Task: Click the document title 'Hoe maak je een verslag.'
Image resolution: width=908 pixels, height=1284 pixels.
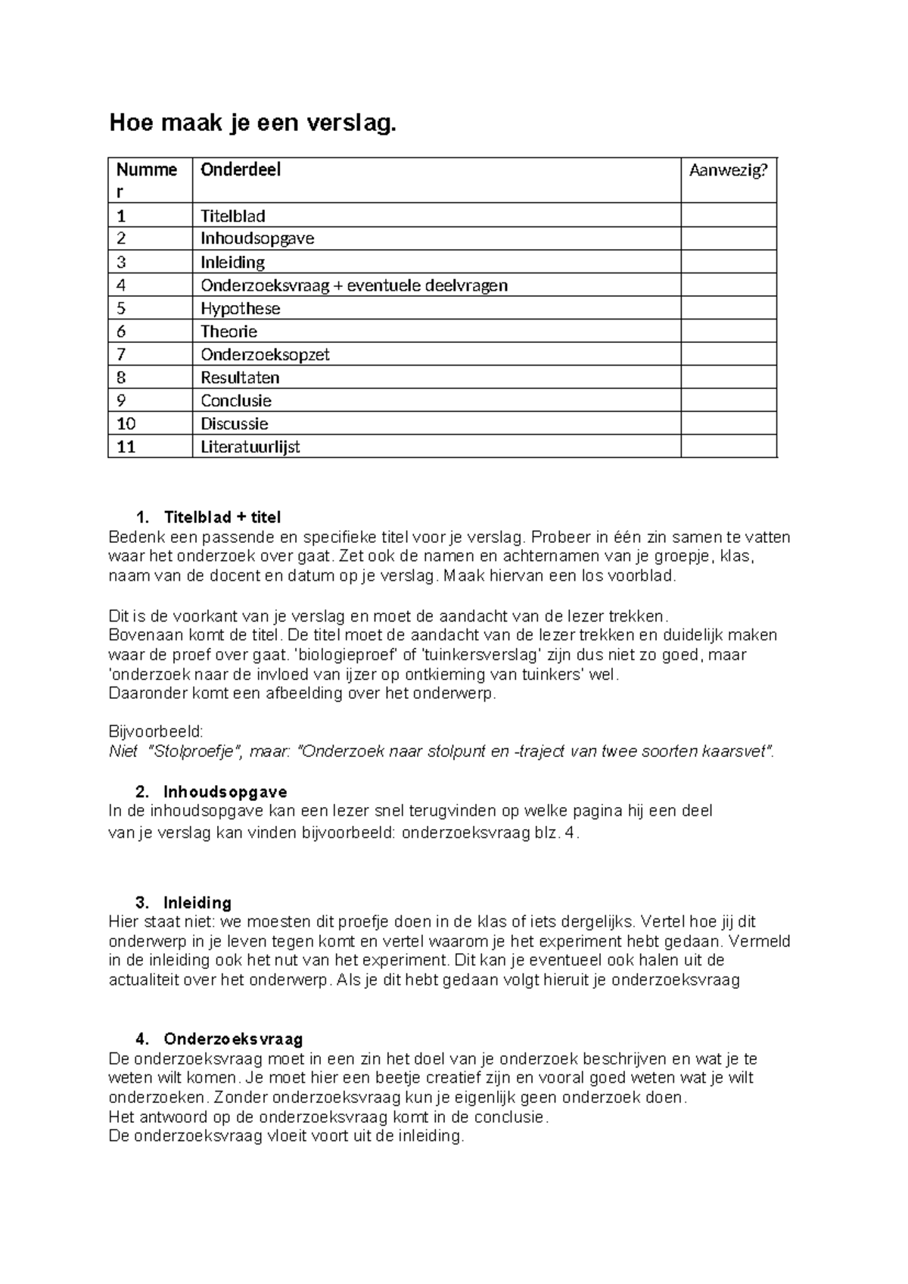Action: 252,123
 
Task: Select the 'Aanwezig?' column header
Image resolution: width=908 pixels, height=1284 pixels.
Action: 728,170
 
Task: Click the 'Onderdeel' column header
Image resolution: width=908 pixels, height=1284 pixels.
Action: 240,170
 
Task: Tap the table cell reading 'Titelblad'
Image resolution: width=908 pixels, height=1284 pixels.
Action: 232,216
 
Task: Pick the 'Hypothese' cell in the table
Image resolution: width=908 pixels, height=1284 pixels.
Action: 240,308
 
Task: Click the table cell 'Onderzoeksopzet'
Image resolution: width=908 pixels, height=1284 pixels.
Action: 265,354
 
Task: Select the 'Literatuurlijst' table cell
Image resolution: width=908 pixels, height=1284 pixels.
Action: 250,447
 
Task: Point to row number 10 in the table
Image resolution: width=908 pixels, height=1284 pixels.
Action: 126,423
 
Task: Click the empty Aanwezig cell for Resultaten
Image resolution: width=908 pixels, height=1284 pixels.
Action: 728,377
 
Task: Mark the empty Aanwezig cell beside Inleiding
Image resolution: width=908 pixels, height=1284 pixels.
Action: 728,262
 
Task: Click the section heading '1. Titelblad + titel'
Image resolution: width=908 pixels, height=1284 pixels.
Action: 208,517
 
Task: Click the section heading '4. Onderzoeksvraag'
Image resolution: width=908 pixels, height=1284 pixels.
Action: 219,1039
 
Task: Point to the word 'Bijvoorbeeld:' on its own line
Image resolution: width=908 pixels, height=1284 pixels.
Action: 156,732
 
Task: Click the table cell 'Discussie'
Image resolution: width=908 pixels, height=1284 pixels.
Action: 234,423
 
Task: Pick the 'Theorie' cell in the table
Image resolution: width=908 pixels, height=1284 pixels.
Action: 229,331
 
